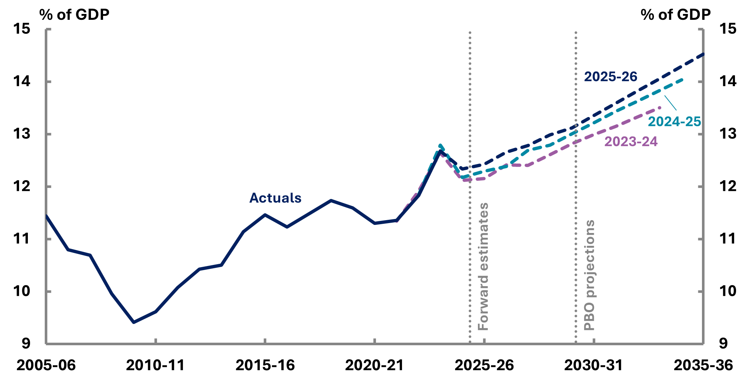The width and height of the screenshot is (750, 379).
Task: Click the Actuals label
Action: coord(275,198)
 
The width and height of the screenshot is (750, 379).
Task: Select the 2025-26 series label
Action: coord(610,77)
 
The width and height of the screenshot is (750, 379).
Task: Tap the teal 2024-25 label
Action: coord(674,121)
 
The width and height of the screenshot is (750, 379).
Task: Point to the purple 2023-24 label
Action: coord(631,142)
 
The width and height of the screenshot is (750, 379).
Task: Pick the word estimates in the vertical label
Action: coord(483,234)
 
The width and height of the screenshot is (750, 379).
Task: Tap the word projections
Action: coord(589,259)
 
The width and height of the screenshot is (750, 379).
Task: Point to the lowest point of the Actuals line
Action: coord(133,322)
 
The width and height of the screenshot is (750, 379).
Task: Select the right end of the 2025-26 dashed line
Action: coord(703,54)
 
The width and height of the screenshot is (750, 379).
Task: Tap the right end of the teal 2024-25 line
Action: coord(682,80)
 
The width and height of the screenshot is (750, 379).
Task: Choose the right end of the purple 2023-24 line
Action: coord(660,107)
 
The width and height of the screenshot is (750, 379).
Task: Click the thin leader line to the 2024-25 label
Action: coord(670,102)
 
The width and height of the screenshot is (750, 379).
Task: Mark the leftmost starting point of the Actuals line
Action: coord(47,216)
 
